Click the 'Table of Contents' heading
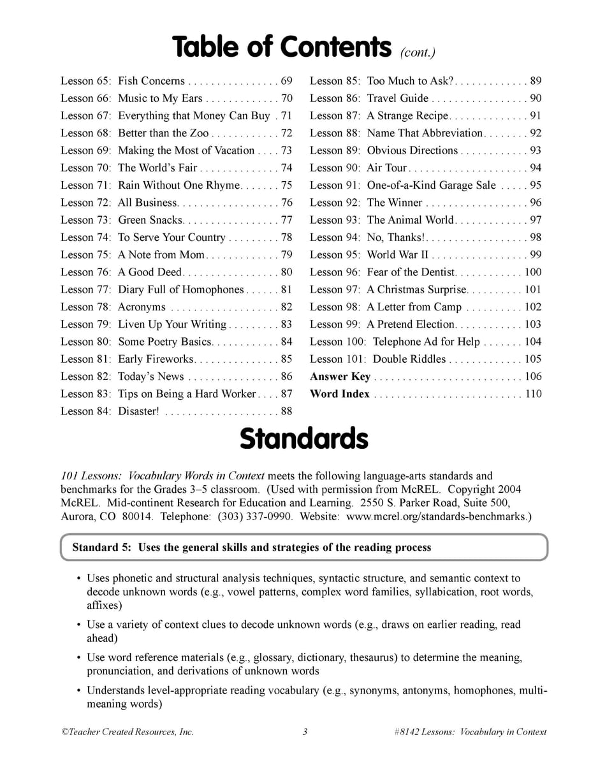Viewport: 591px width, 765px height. [281, 47]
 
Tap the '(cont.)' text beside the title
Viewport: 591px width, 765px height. [418, 52]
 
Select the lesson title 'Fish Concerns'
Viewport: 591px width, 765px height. [151, 81]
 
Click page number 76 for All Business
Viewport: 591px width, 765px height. [286, 203]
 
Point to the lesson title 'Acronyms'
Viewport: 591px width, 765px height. [142, 307]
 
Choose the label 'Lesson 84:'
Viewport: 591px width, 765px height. [86, 411]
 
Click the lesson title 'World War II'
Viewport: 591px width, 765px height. [398, 255]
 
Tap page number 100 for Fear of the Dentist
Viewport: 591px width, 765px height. [532, 272]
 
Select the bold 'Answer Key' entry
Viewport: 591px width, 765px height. [340, 377]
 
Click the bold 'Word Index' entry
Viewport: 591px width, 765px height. [339, 394]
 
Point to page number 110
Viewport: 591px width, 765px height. [532, 394]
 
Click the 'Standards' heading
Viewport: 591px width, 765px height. [303, 439]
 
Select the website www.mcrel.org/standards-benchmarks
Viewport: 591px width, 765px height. [437, 516]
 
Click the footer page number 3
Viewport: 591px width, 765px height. [305, 732]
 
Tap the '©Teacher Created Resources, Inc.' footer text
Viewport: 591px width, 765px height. [128, 732]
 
